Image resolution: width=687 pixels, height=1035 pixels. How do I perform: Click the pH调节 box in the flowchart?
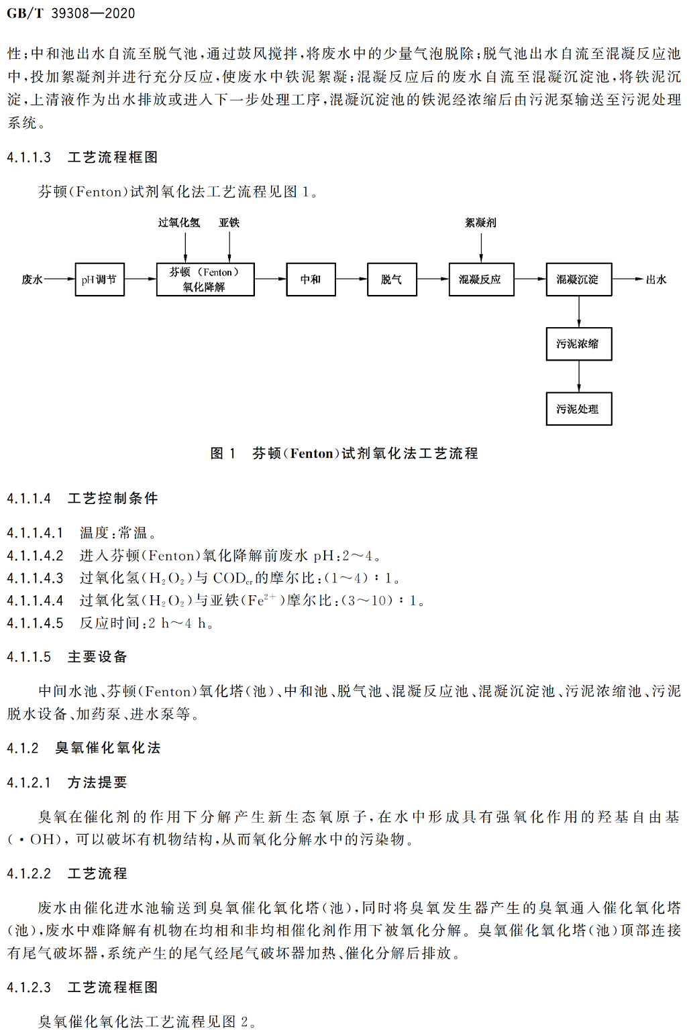pos(99,280)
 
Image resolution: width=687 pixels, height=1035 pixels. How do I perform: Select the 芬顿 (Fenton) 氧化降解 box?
pos(205,280)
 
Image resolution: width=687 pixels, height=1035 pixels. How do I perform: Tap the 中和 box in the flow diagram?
pos(311,280)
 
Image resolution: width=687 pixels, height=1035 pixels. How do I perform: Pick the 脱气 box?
pos(392,280)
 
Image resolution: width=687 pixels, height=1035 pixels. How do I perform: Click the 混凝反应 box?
pos(481,280)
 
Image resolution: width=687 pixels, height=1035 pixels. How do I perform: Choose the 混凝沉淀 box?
pos(579,280)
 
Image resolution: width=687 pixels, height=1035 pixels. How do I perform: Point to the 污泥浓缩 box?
pos(579,344)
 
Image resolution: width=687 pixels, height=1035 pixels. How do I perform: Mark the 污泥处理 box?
pos(579,409)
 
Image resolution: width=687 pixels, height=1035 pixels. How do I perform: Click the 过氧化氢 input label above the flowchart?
pos(179,223)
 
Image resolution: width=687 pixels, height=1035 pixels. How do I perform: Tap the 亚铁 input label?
pos(229,223)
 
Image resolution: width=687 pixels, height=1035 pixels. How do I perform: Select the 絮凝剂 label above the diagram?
pos(481,223)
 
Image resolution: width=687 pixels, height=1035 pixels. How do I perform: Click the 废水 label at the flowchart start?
pos(32,280)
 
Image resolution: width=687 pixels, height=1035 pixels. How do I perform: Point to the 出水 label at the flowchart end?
pos(656,280)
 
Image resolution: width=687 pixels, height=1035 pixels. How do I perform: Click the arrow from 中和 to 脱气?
pos(352,279)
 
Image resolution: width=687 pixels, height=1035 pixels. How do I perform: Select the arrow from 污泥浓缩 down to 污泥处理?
pos(579,377)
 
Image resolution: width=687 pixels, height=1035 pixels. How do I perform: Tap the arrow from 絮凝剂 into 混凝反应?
pos(481,248)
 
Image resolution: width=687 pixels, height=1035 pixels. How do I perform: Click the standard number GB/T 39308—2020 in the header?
pos(71,13)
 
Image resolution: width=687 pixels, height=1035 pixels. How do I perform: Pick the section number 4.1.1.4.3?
pos(35,578)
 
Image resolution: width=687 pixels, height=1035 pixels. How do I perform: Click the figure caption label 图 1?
pos(223,453)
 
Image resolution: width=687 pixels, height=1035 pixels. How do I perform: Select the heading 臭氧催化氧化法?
pos(108,748)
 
